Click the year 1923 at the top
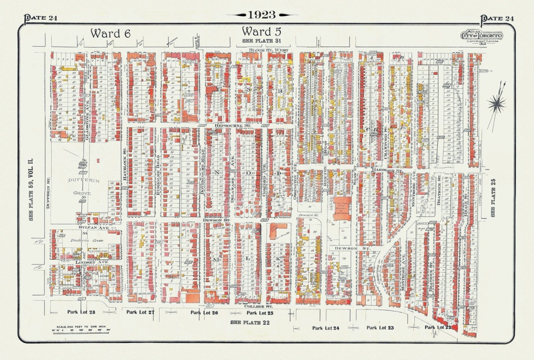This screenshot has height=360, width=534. point(262,15)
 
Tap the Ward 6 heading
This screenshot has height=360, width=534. point(110,33)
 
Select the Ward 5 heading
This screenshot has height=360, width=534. point(261,32)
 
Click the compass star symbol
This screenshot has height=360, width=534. point(496,104)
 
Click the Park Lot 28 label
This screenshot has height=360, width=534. point(81,312)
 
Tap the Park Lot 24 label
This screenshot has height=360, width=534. point(325,328)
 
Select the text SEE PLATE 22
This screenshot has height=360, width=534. point(250,323)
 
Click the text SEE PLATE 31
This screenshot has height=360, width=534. point(262,41)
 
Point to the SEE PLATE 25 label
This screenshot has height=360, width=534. point(493,197)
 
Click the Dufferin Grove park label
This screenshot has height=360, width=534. point(84,187)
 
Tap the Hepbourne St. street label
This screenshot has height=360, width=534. point(233,126)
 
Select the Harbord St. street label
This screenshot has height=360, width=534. point(387,171)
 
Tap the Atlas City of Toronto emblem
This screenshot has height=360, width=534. point(481,36)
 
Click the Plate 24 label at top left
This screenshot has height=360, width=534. point(41,18)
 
